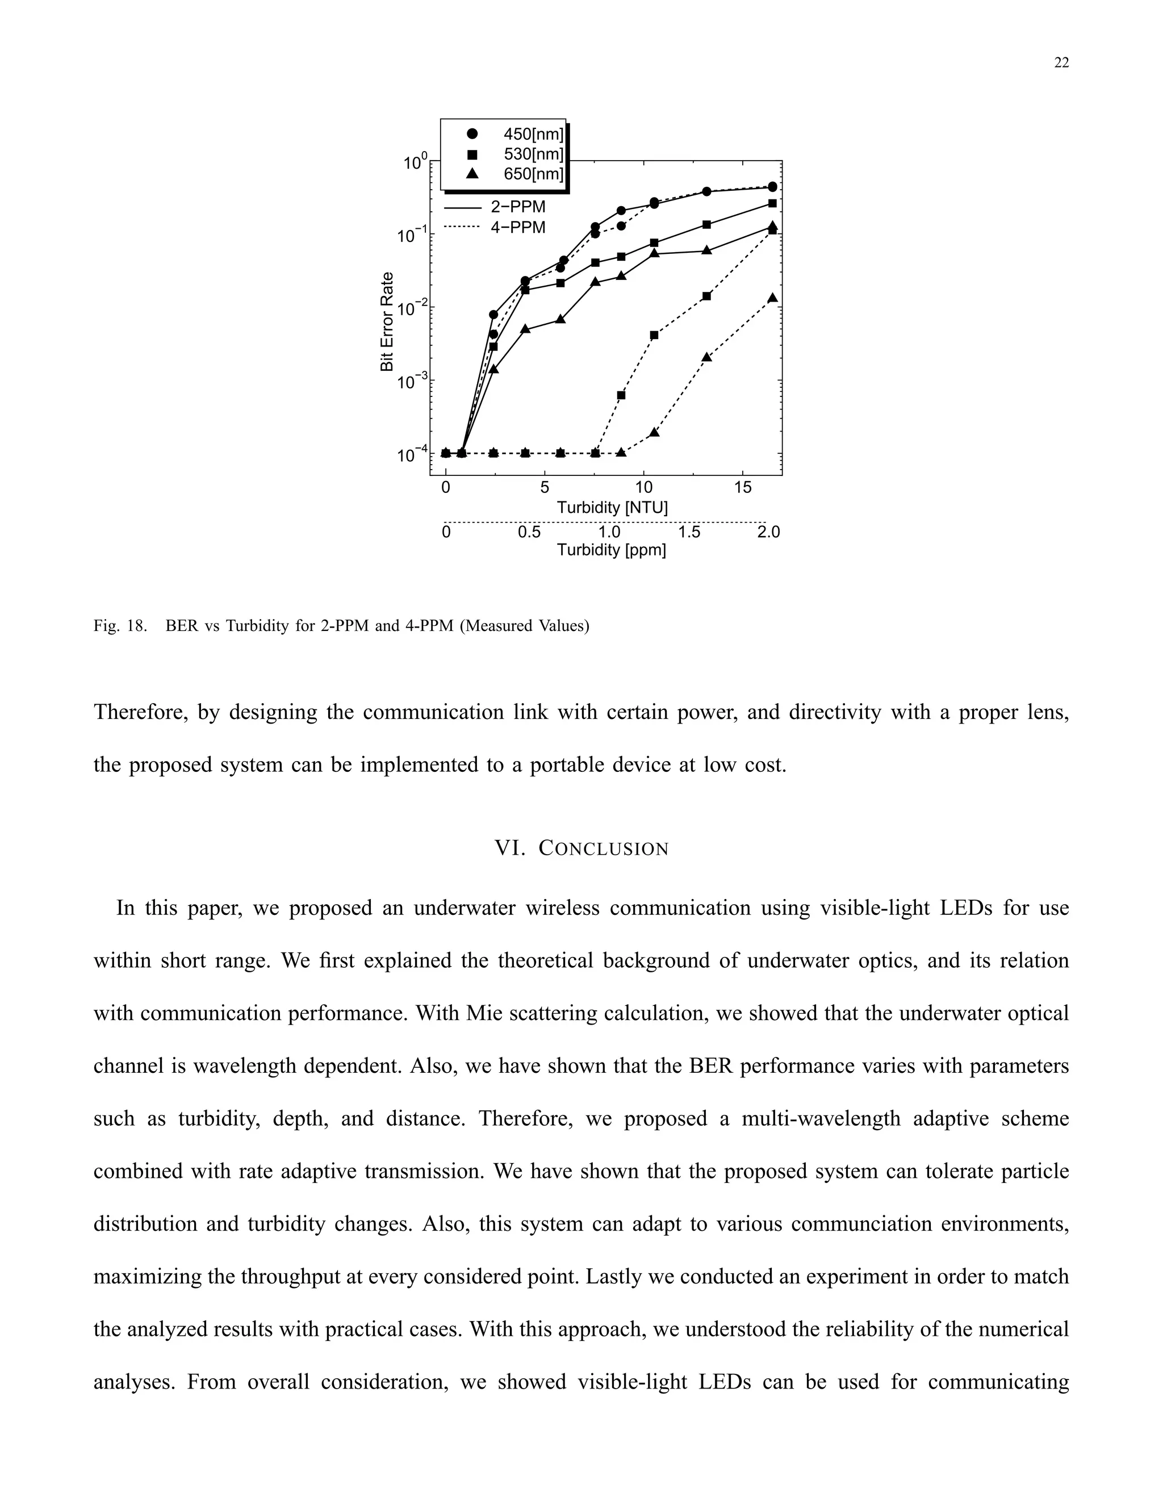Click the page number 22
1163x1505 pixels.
[1061, 62]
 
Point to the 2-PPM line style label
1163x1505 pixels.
[517, 207]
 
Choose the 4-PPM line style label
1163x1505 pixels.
[517, 227]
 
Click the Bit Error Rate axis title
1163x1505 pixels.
[387, 322]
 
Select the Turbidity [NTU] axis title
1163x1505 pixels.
[612, 508]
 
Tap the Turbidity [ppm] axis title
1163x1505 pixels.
[611, 550]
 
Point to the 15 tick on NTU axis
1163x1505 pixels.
[743, 488]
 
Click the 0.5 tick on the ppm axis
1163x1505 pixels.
[529, 532]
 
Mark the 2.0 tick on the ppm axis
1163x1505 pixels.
[768, 532]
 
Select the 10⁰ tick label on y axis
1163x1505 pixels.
[416, 162]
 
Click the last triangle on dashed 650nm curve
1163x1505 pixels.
[772, 298]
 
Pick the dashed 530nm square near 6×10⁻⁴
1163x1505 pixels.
[621, 395]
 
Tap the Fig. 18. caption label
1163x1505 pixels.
[120, 626]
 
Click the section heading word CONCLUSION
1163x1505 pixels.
[603, 848]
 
